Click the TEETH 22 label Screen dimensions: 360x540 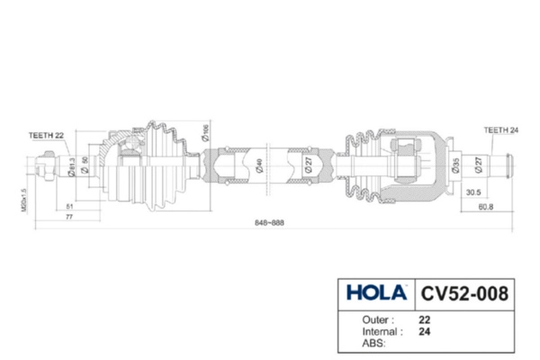point(48,135)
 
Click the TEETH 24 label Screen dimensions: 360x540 point(501,129)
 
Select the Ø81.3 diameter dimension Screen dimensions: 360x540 point(71,167)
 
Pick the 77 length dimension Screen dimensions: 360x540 point(69,219)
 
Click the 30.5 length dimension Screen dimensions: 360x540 point(473,193)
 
